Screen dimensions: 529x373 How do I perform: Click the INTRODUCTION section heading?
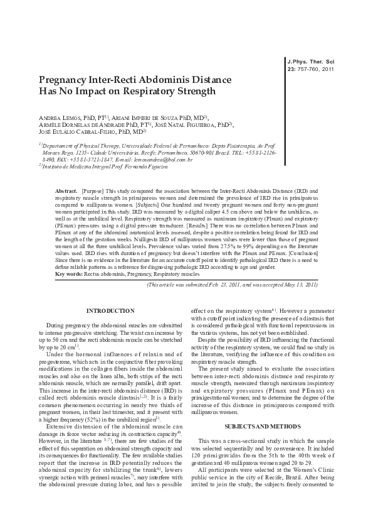click(110, 310)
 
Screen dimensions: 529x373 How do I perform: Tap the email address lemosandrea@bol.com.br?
click(162, 160)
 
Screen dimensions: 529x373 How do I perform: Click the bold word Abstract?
click(66, 189)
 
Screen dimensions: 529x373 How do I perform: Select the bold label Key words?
click(68, 274)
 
